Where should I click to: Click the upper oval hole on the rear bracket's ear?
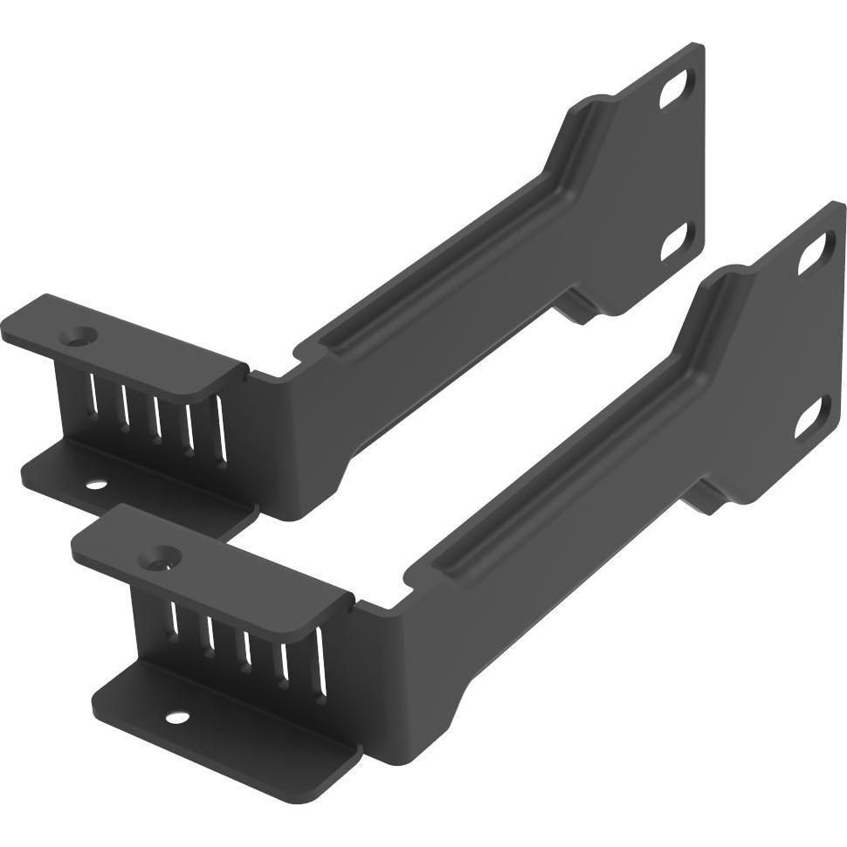673,92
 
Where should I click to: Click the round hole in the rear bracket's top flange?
84,334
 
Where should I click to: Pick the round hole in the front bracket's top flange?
162,554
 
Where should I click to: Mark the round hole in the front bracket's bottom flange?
177,719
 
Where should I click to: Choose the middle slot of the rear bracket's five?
157,415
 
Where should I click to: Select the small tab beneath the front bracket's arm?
706,500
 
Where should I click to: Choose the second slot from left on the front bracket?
210,635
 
